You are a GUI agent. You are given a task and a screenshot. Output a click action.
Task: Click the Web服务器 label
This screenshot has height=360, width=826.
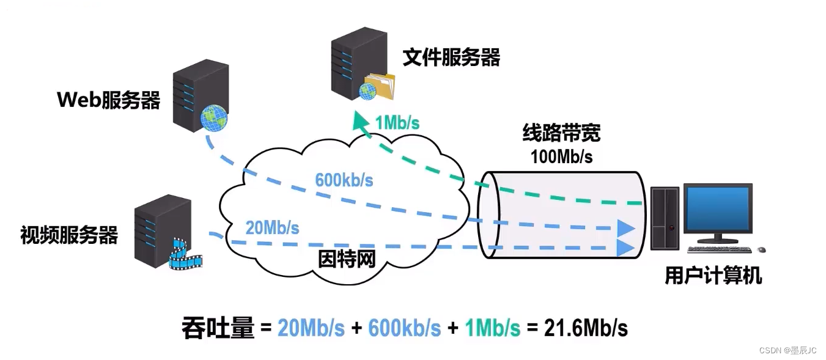pos(108,100)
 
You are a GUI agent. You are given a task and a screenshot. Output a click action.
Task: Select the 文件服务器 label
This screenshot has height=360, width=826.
pos(451,57)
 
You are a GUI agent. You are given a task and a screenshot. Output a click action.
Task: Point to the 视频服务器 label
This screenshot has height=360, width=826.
pos(69,235)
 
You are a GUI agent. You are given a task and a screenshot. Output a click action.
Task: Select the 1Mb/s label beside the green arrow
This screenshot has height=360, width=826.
pos(397,122)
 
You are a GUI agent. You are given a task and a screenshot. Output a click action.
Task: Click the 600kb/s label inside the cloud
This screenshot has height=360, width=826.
pos(344,180)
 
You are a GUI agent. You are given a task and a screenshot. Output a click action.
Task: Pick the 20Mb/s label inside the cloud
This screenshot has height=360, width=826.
pos(272,228)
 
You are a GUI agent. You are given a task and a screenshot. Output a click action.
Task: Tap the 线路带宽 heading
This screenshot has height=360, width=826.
pos(561,133)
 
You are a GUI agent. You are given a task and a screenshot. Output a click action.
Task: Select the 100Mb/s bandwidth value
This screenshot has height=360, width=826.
pos(561,156)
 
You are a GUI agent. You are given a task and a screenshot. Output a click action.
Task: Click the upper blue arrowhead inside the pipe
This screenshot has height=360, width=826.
pos(625,228)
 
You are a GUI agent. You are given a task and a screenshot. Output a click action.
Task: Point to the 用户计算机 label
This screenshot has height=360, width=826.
pos(713,276)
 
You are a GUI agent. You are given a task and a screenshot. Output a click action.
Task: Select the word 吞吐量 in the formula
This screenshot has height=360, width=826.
pos(218,328)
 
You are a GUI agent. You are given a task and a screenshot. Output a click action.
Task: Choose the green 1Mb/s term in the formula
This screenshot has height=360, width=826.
pos(492,328)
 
